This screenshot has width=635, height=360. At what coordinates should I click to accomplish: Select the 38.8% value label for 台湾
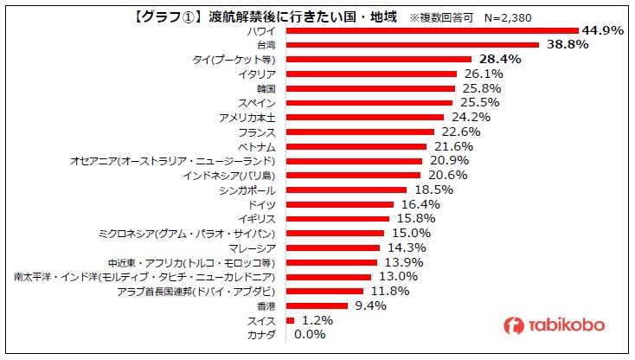point(566,44)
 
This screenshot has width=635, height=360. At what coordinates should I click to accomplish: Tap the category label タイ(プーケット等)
point(234,60)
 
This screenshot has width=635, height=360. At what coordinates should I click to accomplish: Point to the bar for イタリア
point(370,74)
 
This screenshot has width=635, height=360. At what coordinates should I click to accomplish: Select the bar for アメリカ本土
point(364,117)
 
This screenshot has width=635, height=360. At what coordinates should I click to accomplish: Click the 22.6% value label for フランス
point(460,132)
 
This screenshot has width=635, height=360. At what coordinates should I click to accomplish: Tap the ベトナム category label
point(257,146)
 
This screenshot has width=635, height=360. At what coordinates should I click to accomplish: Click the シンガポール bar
point(345,190)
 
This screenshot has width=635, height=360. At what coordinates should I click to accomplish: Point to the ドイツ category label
point(261,204)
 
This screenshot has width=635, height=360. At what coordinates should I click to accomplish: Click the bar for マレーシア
point(332,247)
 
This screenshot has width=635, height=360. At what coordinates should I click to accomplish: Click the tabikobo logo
point(555,325)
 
